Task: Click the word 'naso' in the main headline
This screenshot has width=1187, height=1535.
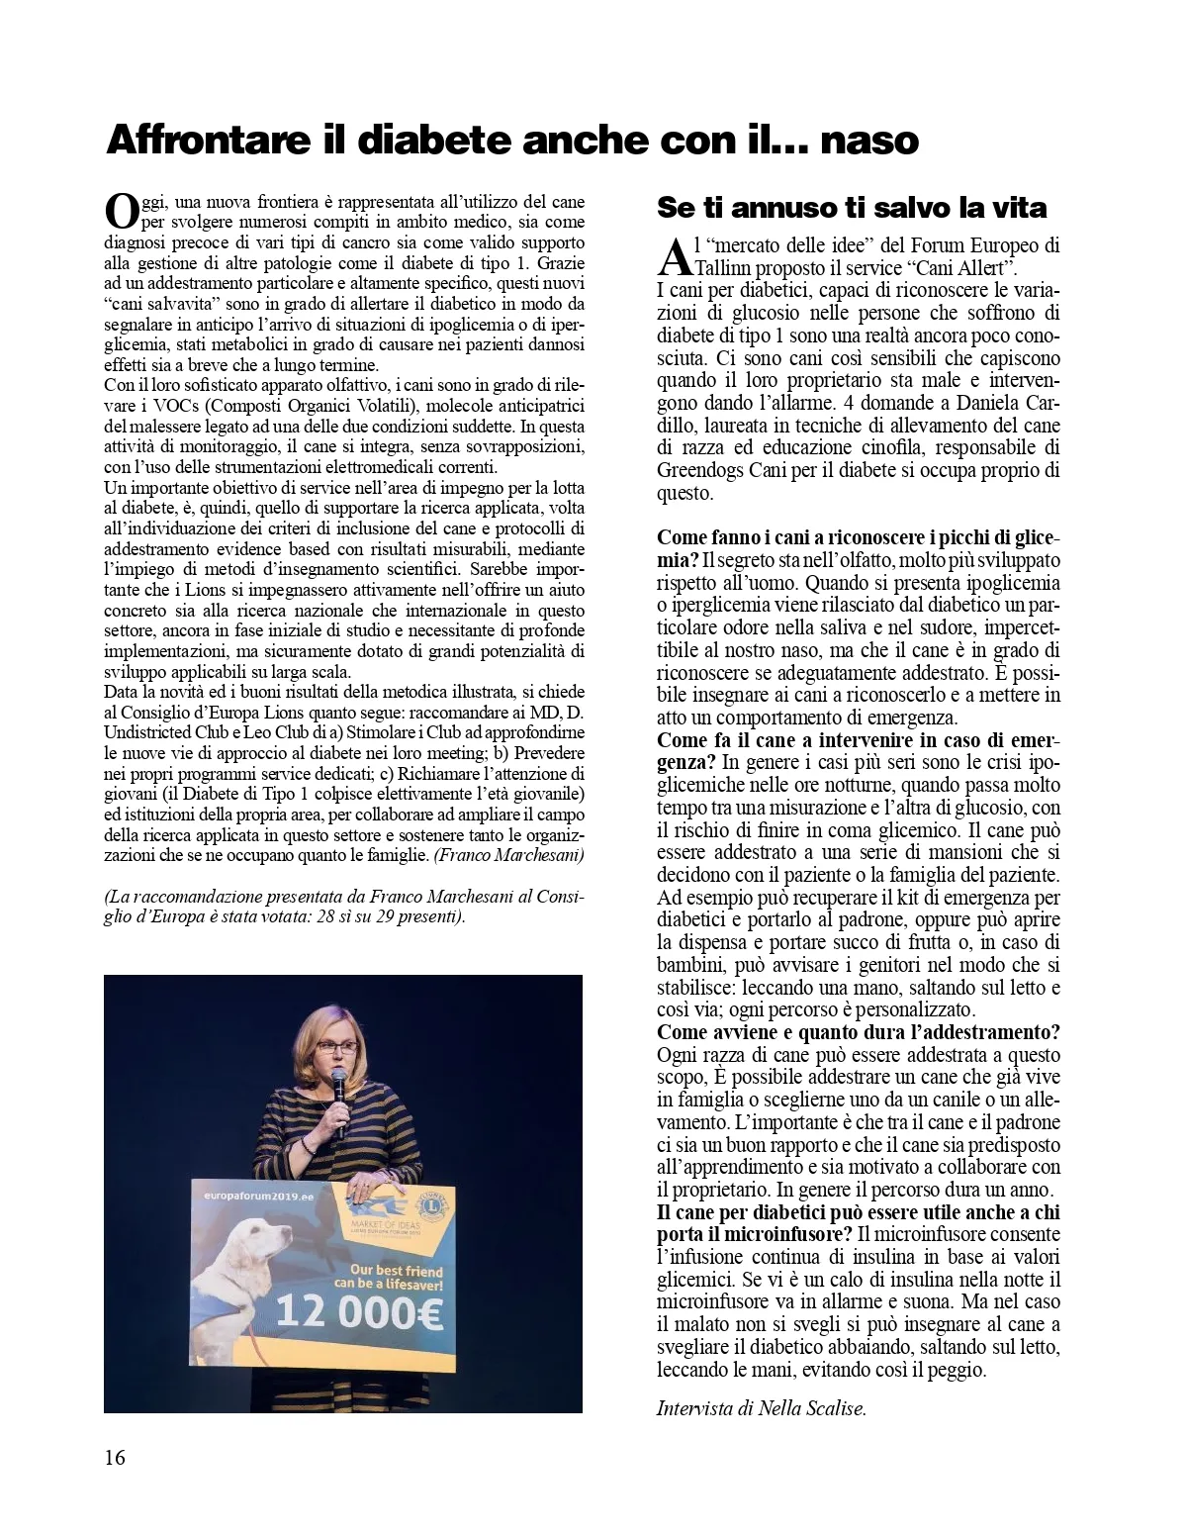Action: pyautogui.click(x=869, y=141)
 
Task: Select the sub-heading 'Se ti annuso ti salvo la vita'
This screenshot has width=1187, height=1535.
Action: pyautogui.click(x=852, y=208)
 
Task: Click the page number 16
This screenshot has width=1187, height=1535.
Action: pyautogui.click(x=115, y=1458)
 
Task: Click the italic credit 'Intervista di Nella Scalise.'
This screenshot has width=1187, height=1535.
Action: pyautogui.click(x=761, y=1407)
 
